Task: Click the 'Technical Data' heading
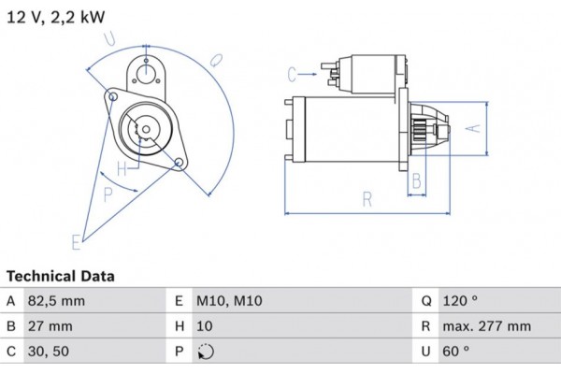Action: (x=61, y=277)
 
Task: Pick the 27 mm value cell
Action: (x=50, y=326)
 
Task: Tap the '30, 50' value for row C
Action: (x=49, y=352)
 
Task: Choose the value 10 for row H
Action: (x=205, y=326)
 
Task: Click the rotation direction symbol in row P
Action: (x=206, y=352)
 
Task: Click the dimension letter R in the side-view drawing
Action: (x=367, y=198)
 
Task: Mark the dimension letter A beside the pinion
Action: (x=473, y=128)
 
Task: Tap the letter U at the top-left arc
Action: (x=110, y=38)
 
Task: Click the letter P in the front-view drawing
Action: (x=108, y=194)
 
